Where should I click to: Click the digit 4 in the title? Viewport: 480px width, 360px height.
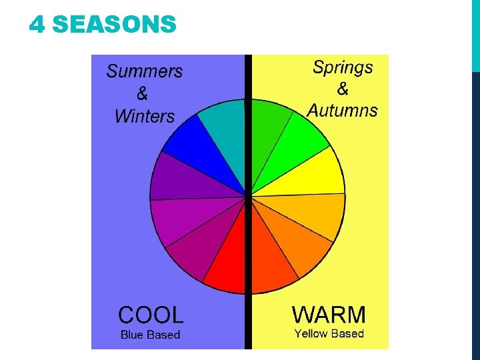37,25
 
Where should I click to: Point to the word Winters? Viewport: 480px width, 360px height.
144,116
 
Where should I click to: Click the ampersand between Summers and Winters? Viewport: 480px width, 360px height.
142,94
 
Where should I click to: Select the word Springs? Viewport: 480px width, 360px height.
343,67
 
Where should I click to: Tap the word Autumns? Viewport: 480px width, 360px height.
342,111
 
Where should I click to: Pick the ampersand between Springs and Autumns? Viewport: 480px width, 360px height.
343,89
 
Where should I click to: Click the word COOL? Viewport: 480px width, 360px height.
150,315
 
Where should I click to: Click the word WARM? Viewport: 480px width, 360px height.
329,314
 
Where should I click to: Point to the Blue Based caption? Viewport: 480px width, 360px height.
150,335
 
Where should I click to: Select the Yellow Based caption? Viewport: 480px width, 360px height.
329,333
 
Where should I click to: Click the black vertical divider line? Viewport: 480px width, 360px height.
248,200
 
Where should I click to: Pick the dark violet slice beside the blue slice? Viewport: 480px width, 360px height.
175,177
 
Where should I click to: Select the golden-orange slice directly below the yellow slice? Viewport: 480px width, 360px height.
317,217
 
